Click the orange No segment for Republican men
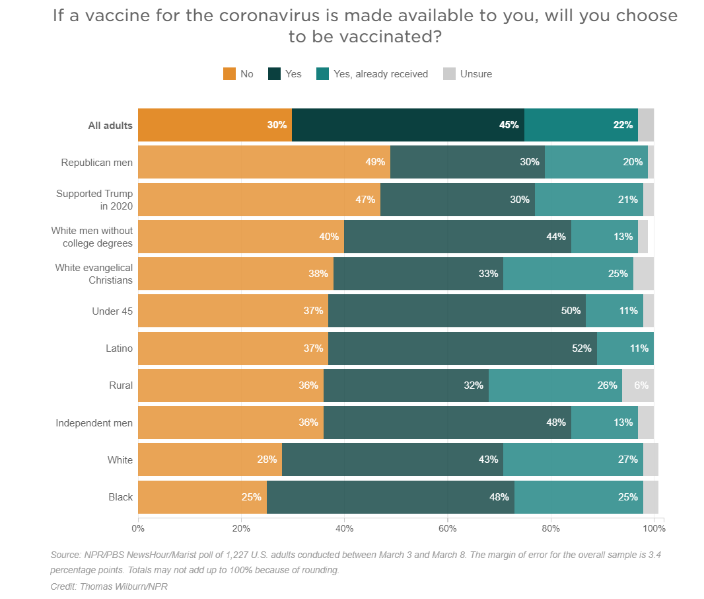pos(264,162)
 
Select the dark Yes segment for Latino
pos(462,348)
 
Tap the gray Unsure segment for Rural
pos(638,385)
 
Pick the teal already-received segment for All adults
pos(581,125)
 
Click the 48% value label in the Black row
pos(499,497)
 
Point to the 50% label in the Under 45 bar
pos(571,311)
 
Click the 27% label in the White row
pos(627,460)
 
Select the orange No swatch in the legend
pos(229,74)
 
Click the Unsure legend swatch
pos(448,74)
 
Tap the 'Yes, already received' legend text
pos(380,74)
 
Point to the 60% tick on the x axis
pos(448,528)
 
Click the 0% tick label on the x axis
pos(138,528)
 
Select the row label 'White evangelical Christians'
pos(93,274)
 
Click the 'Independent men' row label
pos(94,423)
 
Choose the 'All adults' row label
pos(110,126)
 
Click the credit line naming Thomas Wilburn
pos(109,586)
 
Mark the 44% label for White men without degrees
pos(556,237)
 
